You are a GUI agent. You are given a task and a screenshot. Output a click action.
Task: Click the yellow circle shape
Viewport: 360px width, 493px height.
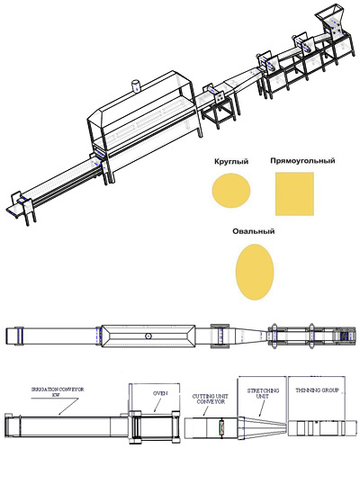tap(231, 190)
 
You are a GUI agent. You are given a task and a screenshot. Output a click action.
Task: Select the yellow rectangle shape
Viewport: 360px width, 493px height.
tap(294, 193)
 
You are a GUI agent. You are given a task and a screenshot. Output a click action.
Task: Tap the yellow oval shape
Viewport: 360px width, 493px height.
tap(255, 272)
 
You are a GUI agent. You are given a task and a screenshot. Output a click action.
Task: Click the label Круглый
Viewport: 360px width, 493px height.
tap(231, 162)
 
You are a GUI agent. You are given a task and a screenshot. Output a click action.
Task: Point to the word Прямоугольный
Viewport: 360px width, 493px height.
tap(302, 161)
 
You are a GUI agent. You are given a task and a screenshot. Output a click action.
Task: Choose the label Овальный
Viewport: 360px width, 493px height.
tap(254, 231)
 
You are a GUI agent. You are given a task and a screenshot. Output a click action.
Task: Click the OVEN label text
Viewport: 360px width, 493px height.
tap(160, 393)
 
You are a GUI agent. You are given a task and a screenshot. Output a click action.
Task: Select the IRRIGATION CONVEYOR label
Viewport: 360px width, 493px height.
tap(58, 391)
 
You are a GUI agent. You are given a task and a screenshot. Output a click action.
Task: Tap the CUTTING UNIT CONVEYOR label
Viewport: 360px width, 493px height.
tap(211, 399)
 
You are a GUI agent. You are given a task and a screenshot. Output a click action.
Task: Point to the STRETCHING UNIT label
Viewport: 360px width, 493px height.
tap(263, 393)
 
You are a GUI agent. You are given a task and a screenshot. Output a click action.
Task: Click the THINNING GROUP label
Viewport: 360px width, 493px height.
tap(317, 390)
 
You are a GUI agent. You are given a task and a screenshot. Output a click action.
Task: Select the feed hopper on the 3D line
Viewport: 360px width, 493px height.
tap(328, 14)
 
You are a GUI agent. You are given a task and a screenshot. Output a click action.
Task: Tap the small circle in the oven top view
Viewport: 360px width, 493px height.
tap(148, 336)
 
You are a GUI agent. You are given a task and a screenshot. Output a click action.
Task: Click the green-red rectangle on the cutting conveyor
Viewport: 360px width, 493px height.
tap(221, 427)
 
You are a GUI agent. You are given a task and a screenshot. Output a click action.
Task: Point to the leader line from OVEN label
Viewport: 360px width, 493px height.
tap(157, 405)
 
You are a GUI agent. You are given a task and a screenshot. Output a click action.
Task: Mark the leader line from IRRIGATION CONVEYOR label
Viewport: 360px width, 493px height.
tap(68, 407)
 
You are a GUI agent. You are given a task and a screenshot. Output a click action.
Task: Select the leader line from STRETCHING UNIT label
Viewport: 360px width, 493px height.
tap(262, 408)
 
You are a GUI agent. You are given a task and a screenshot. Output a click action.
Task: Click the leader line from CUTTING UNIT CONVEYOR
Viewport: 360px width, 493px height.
tap(206, 410)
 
